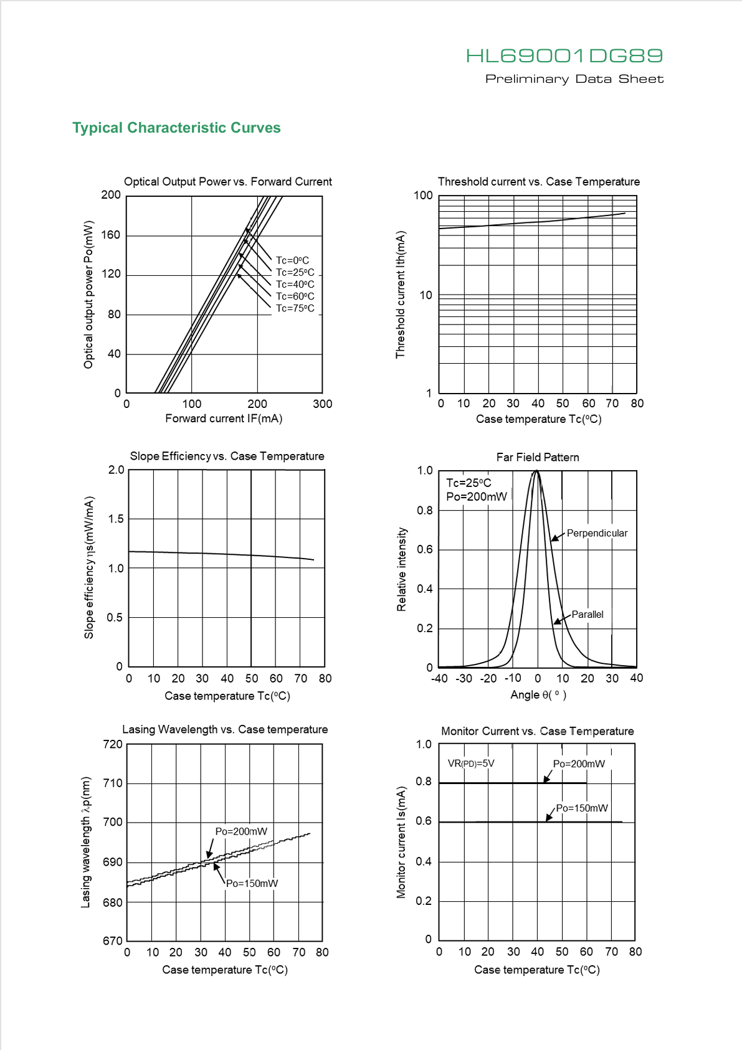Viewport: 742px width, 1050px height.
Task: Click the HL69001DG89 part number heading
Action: click(564, 56)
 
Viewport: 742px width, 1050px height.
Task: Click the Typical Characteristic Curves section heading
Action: click(176, 128)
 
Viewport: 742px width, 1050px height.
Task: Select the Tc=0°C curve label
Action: click(292, 260)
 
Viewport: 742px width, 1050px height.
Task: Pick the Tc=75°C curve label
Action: click(295, 308)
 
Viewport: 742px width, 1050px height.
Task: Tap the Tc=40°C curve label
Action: click(295, 284)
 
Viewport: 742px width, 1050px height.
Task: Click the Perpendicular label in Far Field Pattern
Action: click(597, 533)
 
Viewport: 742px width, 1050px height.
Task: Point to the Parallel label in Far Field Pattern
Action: click(587, 614)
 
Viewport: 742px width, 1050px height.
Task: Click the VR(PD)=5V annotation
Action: click(471, 764)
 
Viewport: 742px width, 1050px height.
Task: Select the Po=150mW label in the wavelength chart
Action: click(252, 883)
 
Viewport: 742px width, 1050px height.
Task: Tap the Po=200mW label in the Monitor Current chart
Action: click(579, 764)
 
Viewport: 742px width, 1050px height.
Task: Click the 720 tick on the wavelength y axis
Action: click(113, 744)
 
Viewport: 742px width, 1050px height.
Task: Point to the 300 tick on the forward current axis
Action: click(322, 404)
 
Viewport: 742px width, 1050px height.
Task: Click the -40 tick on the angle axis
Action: click(439, 678)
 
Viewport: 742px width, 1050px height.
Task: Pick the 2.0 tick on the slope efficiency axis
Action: click(116, 470)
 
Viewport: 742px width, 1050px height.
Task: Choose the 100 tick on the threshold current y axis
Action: click(423, 196)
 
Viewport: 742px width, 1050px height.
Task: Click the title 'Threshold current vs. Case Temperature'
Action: click(538, 181)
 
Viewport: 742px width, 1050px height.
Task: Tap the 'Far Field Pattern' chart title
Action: click(538, 457)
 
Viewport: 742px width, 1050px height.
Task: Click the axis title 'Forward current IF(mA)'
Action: click(224, 418)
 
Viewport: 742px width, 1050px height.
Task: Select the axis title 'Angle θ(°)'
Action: click(538, 694)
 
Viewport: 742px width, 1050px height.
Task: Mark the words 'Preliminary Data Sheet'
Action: click(574, 78)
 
